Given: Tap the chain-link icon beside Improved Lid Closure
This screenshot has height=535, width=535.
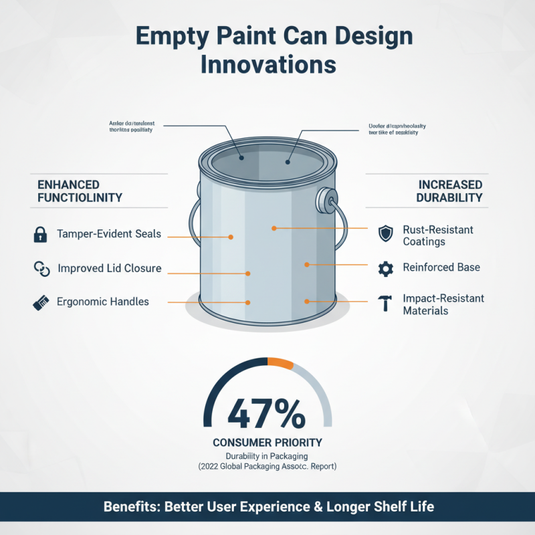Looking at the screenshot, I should click(41, 269).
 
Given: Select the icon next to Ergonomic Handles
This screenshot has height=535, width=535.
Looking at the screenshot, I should click(41, 302).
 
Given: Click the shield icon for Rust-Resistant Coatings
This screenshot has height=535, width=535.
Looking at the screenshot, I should click(385, 233).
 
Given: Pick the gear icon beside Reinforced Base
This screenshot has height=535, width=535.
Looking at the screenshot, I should click(385, 269).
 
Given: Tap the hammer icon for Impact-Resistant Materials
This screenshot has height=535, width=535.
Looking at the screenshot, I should click(385, 304).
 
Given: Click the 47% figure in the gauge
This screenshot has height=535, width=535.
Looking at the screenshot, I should click(267, 413).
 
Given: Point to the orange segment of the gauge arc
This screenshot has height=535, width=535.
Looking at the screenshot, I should click(280, 362).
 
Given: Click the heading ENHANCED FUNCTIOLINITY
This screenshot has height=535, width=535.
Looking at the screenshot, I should click(80, 191).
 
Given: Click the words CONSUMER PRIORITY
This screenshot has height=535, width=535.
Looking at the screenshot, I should click(267, 442).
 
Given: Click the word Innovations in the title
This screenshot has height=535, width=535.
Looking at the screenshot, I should click(267, 65).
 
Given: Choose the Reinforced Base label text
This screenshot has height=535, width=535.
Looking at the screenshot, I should click(441, 267).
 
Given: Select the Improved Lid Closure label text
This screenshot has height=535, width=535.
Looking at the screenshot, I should click(109, 269).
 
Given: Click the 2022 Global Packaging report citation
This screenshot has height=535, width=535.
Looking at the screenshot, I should click(267, 466).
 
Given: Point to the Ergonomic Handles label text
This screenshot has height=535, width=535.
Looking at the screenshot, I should click(103, 302).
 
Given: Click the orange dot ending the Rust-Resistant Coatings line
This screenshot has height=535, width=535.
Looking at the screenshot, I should click(274, 229).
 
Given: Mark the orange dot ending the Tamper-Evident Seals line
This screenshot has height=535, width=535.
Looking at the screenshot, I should click(231, 237).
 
